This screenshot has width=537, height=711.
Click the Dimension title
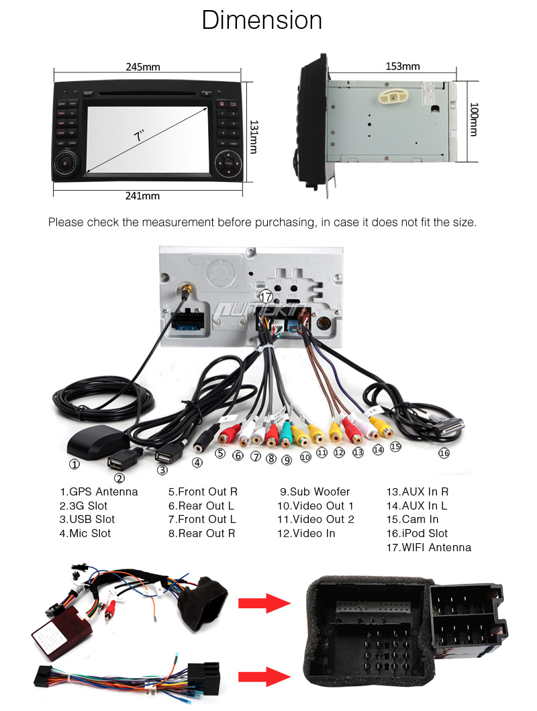point(262,20)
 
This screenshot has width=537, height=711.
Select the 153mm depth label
point(402,66)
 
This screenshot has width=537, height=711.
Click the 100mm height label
point(474,120)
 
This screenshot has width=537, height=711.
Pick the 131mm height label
point(253,137)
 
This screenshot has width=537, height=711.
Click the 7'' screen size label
point(139,135)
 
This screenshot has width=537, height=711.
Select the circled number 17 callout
point(266,296)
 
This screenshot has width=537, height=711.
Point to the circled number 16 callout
point(444,453)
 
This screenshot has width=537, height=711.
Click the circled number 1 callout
point(75,463)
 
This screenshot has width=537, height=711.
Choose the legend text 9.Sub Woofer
point(314,491)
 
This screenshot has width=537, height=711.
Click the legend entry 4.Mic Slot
point(85,533)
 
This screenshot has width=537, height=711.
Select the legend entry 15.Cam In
point(412,519)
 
